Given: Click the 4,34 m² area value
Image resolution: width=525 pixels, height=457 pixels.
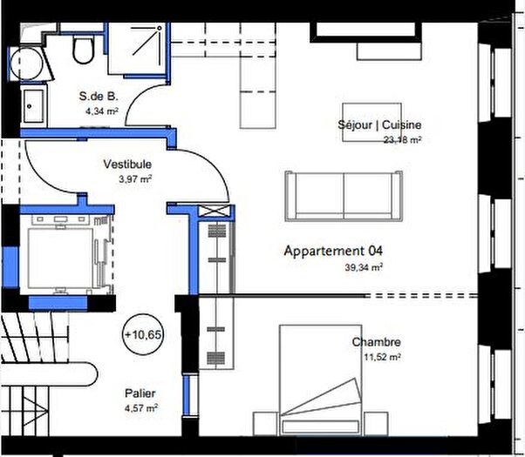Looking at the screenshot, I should (x=101, y=111).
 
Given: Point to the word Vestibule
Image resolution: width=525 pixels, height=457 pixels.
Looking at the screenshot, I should (x=127, y=164).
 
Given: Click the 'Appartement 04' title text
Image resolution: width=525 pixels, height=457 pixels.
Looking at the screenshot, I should (x=333, y=251).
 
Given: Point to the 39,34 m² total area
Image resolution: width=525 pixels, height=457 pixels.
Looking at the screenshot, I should (x=365, y=268).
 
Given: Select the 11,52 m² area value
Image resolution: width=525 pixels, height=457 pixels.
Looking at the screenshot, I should (x=384, y=356).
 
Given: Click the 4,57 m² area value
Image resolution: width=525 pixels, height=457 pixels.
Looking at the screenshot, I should (x=140, y=407).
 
